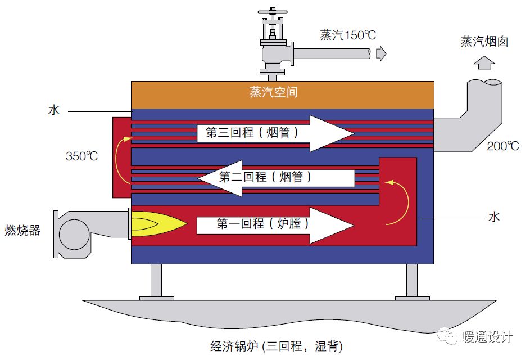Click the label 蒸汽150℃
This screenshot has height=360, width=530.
pos(348,35)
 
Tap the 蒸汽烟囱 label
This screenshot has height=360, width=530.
pos(484,42)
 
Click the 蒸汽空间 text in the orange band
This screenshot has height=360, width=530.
pos(274,92)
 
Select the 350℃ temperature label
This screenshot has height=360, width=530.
pos(82,156)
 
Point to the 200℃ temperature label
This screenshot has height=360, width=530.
pos(502,146)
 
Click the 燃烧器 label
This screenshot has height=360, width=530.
pos(22,230)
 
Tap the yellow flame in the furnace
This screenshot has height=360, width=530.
pos(158,224)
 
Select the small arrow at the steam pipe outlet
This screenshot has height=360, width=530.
pos(381,53)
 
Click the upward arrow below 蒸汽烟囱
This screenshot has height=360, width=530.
pos(484,62)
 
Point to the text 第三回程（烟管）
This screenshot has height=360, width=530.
pos(252,132)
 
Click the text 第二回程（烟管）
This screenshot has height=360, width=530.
pos(265,177)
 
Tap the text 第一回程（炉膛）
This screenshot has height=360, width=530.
pos(262,223)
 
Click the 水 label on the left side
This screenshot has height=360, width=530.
pos(54,110)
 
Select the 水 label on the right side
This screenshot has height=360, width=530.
pos(494,217)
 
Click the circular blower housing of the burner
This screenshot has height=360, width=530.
pos(74,234)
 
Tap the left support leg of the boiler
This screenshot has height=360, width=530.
pos(156,282)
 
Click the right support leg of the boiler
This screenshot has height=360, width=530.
pos(412,282)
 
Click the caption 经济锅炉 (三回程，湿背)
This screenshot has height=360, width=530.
pos(277,346)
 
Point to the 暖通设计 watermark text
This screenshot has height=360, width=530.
pos(487,336)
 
